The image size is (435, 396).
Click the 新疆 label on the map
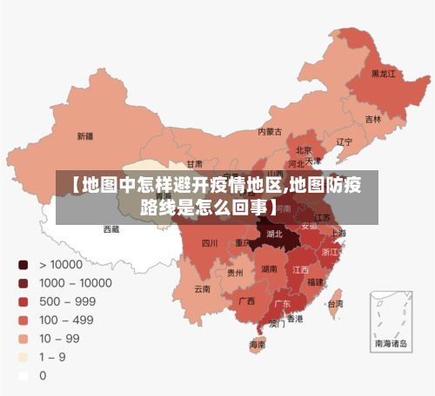tap(84, 136)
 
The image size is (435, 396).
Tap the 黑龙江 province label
tap(383, 75)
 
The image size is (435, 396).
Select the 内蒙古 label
tap(270, 133)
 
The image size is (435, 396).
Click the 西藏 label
tap(112, 229)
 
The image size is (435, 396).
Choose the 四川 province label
tap(210, 243)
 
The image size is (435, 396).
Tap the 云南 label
tap(202, 289)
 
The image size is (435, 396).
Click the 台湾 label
tap(335, 304)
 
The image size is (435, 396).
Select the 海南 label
tap(258, 345)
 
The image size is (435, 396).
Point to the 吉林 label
tap(373, 119)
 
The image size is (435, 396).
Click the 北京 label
tap(304, 149)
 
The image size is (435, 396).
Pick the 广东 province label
tap(283, 305)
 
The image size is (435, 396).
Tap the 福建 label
tap(315, 282)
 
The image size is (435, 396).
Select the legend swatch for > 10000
tap(23, 264)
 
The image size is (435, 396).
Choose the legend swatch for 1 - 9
tap(23, 358)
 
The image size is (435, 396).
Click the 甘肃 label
tap(194, 163)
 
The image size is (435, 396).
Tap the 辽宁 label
tap(345, 142)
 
